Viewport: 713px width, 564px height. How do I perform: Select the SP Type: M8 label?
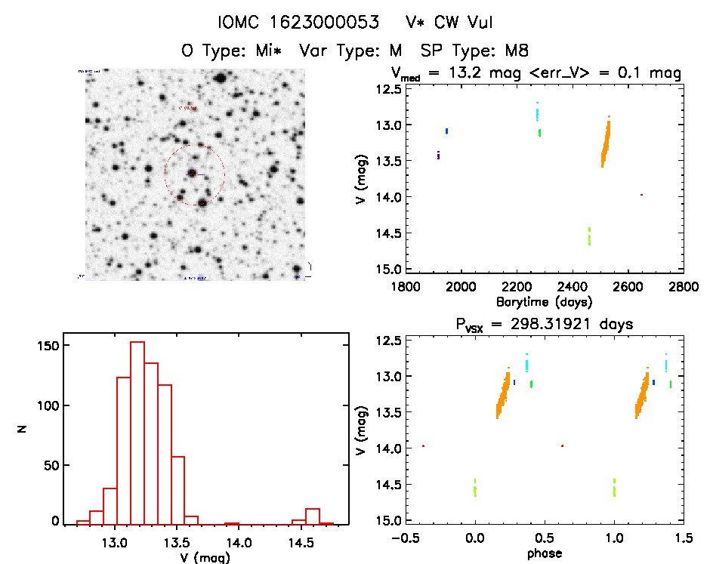pyautogui.click(x=479, y=51)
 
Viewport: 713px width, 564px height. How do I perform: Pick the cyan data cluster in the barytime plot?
pyautogui.click(x=537, y=112)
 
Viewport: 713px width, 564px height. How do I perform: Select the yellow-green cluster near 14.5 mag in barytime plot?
pyautogui.click(x=589, y=236)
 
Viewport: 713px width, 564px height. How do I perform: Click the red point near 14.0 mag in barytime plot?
pyautogui.click(x=641, y=195)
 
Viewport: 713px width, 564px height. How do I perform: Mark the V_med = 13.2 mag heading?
pyautogui.click(x=536, y=74)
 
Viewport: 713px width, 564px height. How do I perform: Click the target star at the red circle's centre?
pyautogui.click(x=193, y=174)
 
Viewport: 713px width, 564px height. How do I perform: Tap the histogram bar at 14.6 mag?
pyautogui.click(x=313, y=516)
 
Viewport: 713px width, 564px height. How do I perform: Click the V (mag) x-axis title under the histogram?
pyautogui.click(x=201, y=557)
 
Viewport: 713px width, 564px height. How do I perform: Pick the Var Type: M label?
pyautogui.click(x=355, y=51)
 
